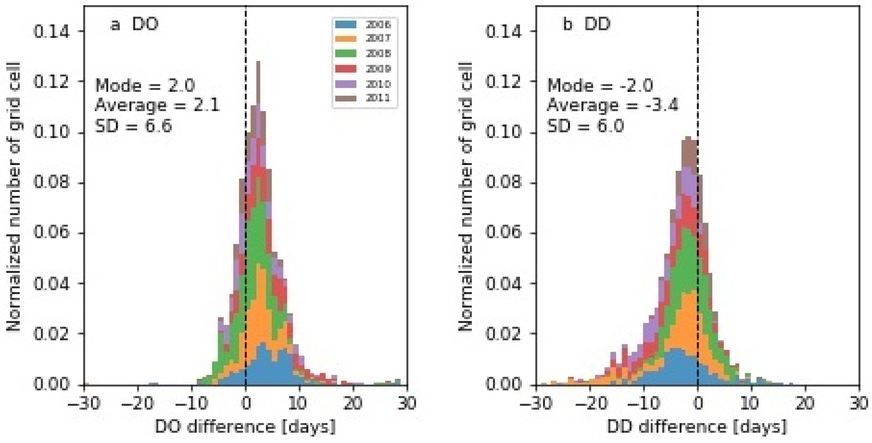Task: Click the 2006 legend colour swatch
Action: tap(345, 24)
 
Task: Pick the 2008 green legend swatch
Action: tap(345, 53)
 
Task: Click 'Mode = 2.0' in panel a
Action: tap(145, 85)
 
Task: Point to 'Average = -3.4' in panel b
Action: tap(612, 105)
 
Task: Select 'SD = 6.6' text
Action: tap(133, 126)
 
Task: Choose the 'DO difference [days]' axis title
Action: tap(245, 426)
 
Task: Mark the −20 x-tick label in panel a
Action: tap(137, 403)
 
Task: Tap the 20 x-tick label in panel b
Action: tap(805, 403)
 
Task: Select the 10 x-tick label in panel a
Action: tap(298, 403)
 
